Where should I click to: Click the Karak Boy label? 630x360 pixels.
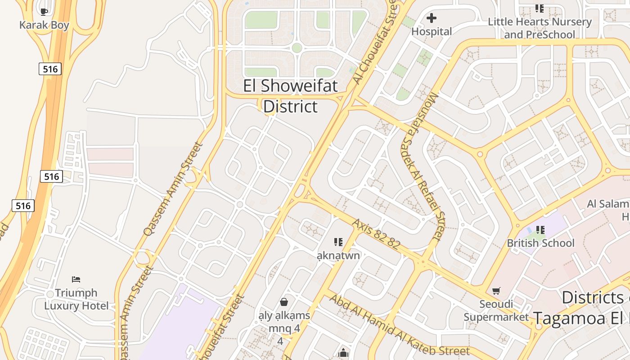coord(44,25)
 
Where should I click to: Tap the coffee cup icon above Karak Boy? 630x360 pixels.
coord(44,12)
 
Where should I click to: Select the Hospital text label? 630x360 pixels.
coord(432,31)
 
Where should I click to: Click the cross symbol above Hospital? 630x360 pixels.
coord(432,18)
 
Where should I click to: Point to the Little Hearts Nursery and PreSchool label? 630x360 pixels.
coord(540,28)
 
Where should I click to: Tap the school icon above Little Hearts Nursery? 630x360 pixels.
coord(539,9)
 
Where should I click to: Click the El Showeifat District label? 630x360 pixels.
coord(290,96)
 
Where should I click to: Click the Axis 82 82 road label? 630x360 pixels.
coord(376,234)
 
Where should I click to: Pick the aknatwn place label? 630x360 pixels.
coord(338,256)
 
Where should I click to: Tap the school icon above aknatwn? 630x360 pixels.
coord(338,243)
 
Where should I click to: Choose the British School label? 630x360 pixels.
coord(540,243)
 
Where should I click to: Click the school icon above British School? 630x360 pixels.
coord(540,230)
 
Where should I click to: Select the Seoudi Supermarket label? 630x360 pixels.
coord(496,310)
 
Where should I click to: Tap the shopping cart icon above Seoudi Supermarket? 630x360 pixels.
coord(496,291)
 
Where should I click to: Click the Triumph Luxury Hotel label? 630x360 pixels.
coord(76,299)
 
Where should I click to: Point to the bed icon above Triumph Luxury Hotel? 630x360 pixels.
coord(76,279)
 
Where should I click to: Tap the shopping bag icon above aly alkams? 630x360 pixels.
coord(284,301)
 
